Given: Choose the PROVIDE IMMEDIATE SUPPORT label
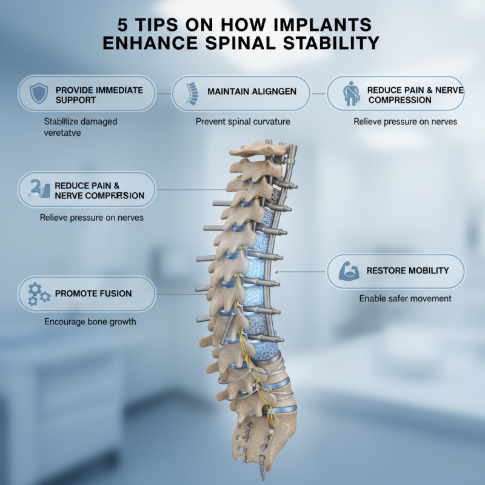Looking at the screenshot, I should click(x=99, y=94).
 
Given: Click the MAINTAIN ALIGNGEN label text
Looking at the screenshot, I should click(x=252, y=92).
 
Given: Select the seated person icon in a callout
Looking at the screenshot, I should click(x=350, y=95).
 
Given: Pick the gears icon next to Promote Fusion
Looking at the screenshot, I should click(x=39, y=294).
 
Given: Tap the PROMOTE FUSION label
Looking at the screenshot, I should click(x=93, y=293).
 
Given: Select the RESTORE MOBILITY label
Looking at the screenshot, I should click(x=407, y=270).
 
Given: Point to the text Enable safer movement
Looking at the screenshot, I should click(x=405, y=298).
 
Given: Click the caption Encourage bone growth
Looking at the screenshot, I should click(x=90, y=321).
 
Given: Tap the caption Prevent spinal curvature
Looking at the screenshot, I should click(x=242, y=121).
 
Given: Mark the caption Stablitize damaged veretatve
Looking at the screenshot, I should click(x=81, y=127).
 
